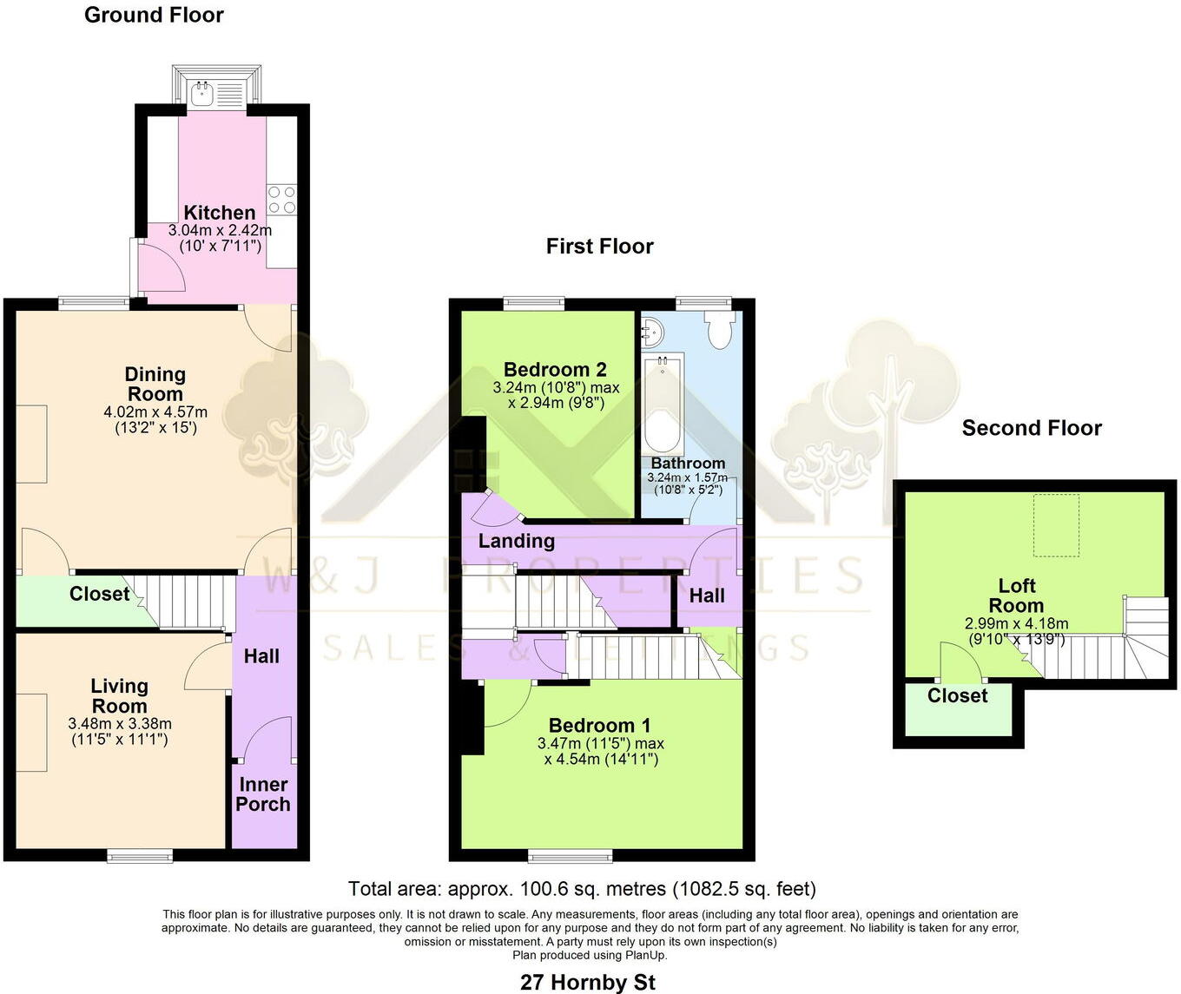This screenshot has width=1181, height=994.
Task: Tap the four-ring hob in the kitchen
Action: pyautogui.click(x=281, y=200)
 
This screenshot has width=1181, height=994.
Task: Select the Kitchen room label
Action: pyautogui.click(x=220, y=213)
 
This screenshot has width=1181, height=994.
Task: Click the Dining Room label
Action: pyautogui.click(x=155, y=384)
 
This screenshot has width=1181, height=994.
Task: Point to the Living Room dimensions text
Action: pyautogui.click(x=120, y=731)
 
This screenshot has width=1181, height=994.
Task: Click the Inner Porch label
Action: pyautogui.click(x=263, y=794)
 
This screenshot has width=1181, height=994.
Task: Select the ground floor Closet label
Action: pyautogui.click(x=99, y=594)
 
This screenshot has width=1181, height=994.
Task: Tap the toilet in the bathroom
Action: pyautogui.click(x=720, y=330)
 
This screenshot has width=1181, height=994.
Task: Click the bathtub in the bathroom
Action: pyautogui.click(x=664, y=403)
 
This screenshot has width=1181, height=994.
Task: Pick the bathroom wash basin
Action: pyautogui.click(x=652, y=331)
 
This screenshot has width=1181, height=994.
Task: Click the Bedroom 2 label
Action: pyautogui.click(x=555, y=370)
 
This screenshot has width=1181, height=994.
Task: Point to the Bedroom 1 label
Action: pyautogui.click(x=599, y=726)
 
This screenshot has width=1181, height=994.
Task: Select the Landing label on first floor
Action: pyautogui.click(x=517, y=541)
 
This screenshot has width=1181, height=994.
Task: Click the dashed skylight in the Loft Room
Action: pyautogui.click(x=1056, y=525)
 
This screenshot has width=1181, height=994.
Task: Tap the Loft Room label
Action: pyautogui.click(x=1016, y=596)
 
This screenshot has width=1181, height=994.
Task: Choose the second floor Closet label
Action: pyautogui.click(x=957, y=696)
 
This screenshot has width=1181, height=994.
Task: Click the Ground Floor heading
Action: pyautogui.click(x=154, y=15)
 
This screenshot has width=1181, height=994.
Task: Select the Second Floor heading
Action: pyautogui.click(x=1032, y=428)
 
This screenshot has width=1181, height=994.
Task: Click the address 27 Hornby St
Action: pyautogui.click(x=588, y=983)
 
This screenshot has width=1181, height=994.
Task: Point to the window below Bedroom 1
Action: pyautogui.click(x=571, y=856)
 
